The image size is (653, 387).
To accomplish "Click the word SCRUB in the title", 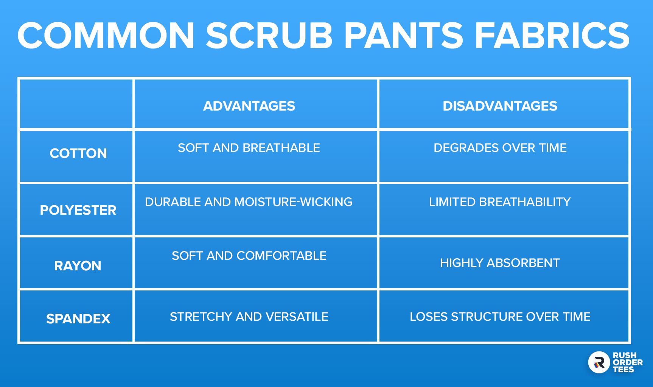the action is point(269,35).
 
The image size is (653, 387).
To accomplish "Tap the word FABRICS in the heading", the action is point(552,35).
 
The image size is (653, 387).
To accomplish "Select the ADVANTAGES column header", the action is point(249,106).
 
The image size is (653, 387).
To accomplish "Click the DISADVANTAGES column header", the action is point(500,106).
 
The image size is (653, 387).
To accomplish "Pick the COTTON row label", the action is point(78,153).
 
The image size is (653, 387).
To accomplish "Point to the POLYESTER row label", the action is point(78,210).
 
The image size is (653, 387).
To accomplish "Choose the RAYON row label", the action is point(78,266).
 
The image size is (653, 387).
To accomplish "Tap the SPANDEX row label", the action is point(78,319).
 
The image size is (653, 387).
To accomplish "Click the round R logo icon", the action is point(599,362).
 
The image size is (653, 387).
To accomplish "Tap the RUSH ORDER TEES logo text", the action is point(628,362).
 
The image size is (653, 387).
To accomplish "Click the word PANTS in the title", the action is point(403,35).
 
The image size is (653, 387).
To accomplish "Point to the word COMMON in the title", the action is point(106,35).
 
